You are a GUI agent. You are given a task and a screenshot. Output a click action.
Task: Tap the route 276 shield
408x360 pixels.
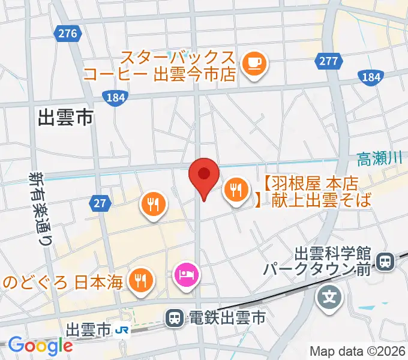(x=68, y=34)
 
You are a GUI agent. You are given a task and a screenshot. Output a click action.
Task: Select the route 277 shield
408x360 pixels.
(x=328, y=61)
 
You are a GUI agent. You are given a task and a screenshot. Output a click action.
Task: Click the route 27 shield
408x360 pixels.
(x=100, y=203)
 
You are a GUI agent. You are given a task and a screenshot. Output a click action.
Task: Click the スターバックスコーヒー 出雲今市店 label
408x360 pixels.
(x=176, y=67)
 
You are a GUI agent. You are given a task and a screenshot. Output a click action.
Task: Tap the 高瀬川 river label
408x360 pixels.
(x=379, y=159)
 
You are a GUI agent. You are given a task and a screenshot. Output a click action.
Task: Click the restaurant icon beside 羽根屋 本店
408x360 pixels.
(x=234, y=190)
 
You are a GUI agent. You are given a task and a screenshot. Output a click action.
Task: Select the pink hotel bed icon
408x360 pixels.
(x=184, y=275)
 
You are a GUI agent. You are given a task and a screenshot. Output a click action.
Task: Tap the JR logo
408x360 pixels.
(x=122, y=330)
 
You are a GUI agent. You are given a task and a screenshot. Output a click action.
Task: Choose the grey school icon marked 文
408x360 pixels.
(x=329, y=296)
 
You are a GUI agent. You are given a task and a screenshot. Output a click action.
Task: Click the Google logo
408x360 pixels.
(x=40, y=346)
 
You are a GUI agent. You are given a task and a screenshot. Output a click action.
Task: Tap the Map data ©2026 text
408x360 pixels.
(x=357, y=351)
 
